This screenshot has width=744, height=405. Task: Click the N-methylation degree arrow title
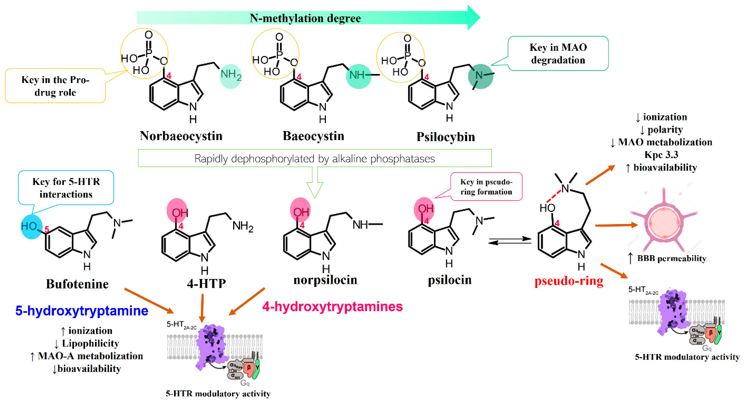(x=305, y=18)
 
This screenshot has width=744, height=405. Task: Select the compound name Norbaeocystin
(x=181, y=136)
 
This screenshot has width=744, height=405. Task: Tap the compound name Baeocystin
(x=313, y=136)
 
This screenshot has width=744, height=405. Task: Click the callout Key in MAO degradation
(x=558, y=54)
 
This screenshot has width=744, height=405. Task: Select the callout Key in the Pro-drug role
(x=55, y=86)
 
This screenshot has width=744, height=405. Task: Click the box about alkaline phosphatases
(x=315, y=158)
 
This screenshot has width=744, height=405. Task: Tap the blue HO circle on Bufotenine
(x=31, y=226)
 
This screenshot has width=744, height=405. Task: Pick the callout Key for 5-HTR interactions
(x=66, y=188)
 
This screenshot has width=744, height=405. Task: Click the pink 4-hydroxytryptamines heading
(x=332, y=306)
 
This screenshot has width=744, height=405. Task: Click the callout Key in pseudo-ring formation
(x=486, y=187)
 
